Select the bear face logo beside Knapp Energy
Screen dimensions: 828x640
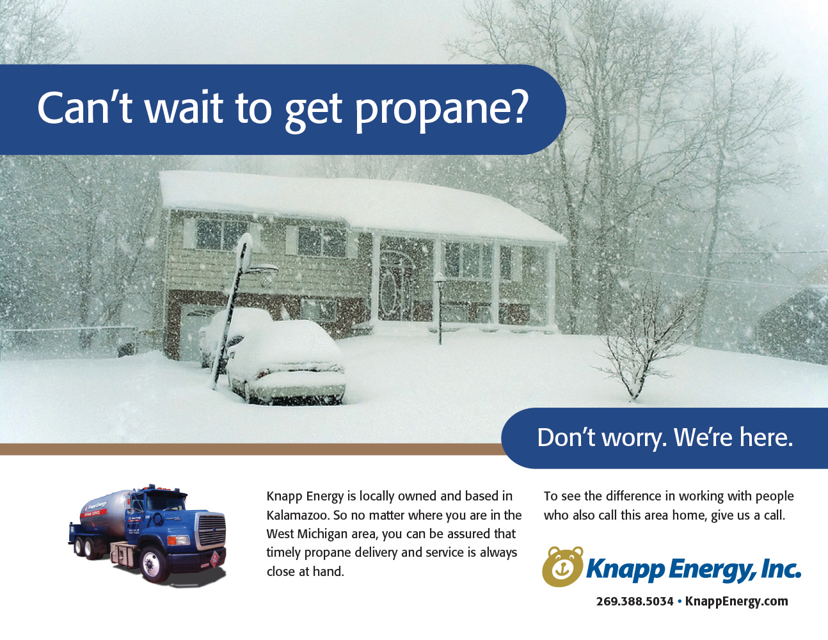pyautogui.click(x=563, y=566)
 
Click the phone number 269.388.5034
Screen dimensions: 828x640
pyautogui.click(x=635, y=602)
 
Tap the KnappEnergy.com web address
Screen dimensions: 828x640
pyautogui.click(x=736, y=602)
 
